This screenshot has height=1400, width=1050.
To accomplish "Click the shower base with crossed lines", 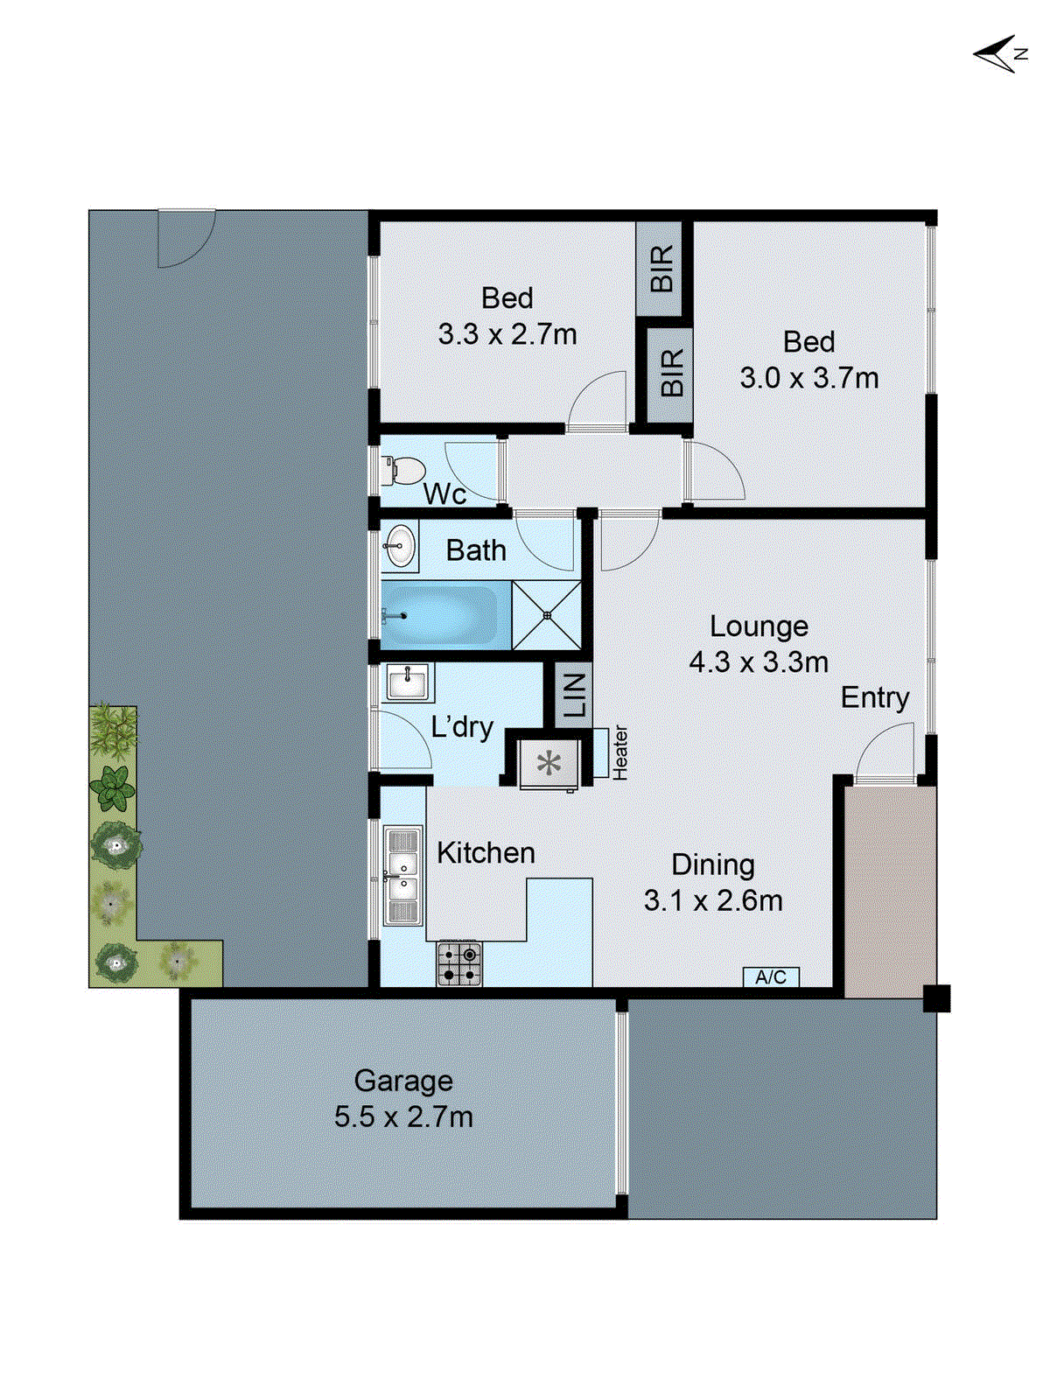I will (x=547, y=615).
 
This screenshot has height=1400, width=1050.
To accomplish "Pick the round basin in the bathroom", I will (x=400, y=547).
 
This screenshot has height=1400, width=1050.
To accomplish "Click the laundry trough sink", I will (x=407, y=682).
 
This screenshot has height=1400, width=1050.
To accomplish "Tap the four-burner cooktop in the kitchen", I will (x=459, y=963).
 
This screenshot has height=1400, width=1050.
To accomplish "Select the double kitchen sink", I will (x=403, y=876).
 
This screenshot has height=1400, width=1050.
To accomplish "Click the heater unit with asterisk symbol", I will (x=549, y=764).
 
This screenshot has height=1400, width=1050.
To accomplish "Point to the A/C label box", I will (x=771, y=976).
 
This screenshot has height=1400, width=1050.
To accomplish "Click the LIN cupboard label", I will (x=574, y=696).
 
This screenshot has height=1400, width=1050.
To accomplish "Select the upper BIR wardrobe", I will (x=662, y=269).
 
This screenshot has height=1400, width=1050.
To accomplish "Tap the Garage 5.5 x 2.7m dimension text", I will (x=403, y=1117).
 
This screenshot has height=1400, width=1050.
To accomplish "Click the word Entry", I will (x=874, y=697).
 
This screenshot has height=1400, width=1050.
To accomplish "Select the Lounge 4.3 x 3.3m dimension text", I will (x=758, y=661).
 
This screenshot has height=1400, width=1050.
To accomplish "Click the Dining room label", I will (x=713, y=864).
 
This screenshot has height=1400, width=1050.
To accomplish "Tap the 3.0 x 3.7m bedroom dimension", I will (x=808, y=378).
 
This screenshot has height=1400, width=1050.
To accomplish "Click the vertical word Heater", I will (x=620, y=752).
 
